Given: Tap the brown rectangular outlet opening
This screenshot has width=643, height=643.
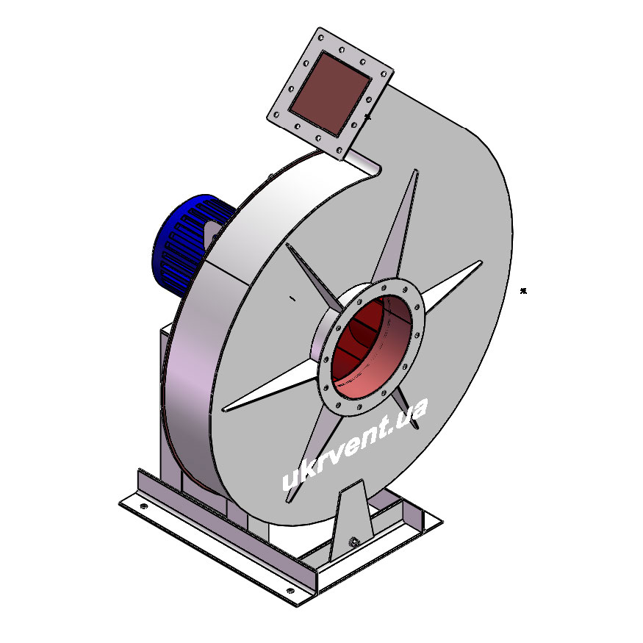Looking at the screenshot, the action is pos(330,93).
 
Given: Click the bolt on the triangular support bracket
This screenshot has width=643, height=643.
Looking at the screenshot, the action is pos(353,542).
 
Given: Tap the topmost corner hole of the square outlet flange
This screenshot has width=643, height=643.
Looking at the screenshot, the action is pos(321,38).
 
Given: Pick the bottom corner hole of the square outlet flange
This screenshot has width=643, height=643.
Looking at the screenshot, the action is pos(340,151).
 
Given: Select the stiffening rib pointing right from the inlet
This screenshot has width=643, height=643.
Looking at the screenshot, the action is pos(451,287).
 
